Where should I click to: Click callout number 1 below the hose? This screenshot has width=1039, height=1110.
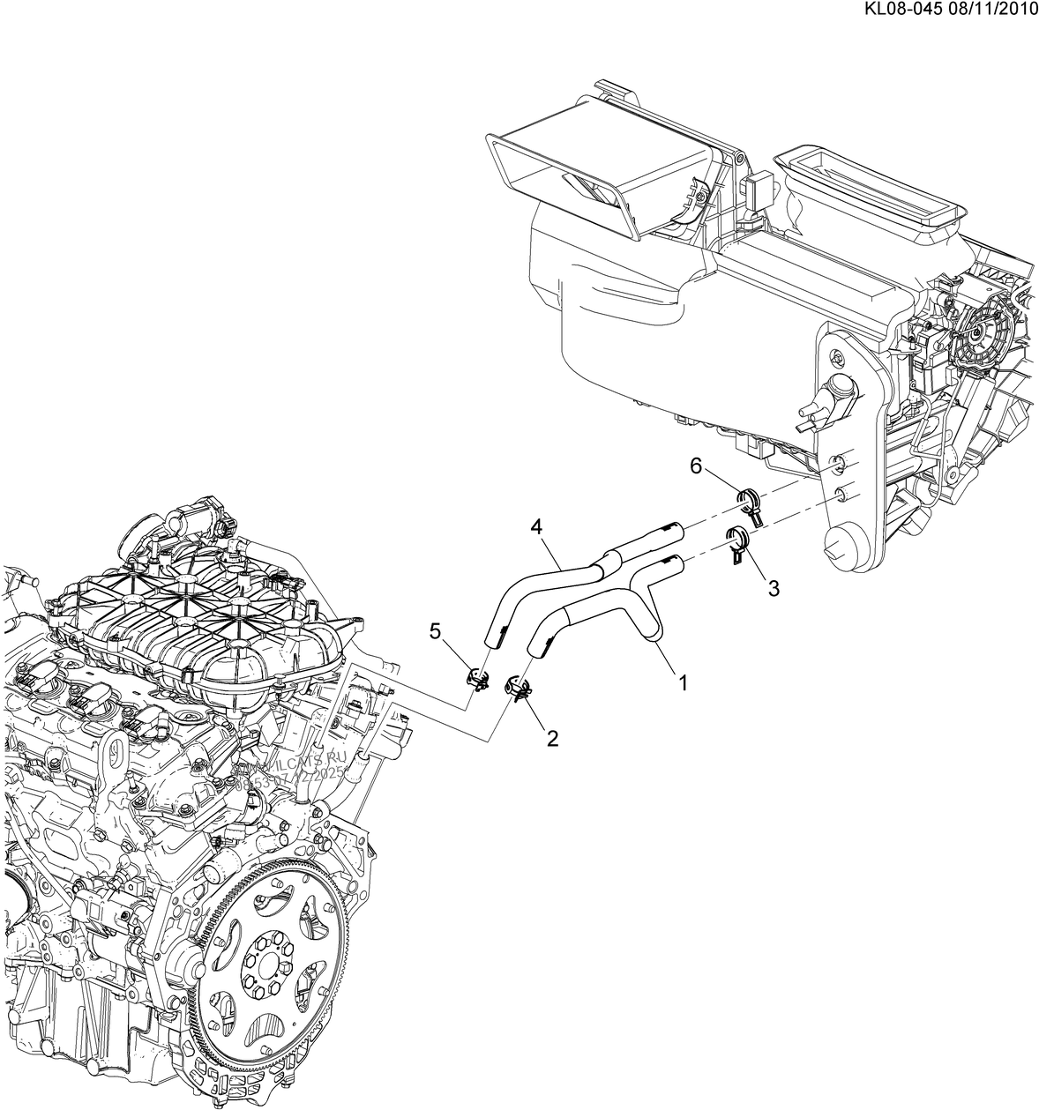[681, 682]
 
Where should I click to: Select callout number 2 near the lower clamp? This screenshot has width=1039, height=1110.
[552, 738]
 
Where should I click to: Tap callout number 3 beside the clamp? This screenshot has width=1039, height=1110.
[773, 588]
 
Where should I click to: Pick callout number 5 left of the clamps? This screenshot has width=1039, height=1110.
[434, 630]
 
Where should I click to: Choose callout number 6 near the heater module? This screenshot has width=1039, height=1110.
[696, 466]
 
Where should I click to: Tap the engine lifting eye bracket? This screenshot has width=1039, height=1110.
[109, 755]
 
